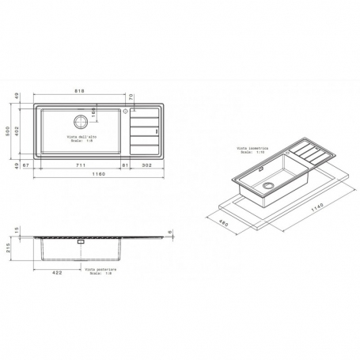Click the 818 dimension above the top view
81,93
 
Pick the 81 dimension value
125,165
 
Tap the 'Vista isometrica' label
251,148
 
